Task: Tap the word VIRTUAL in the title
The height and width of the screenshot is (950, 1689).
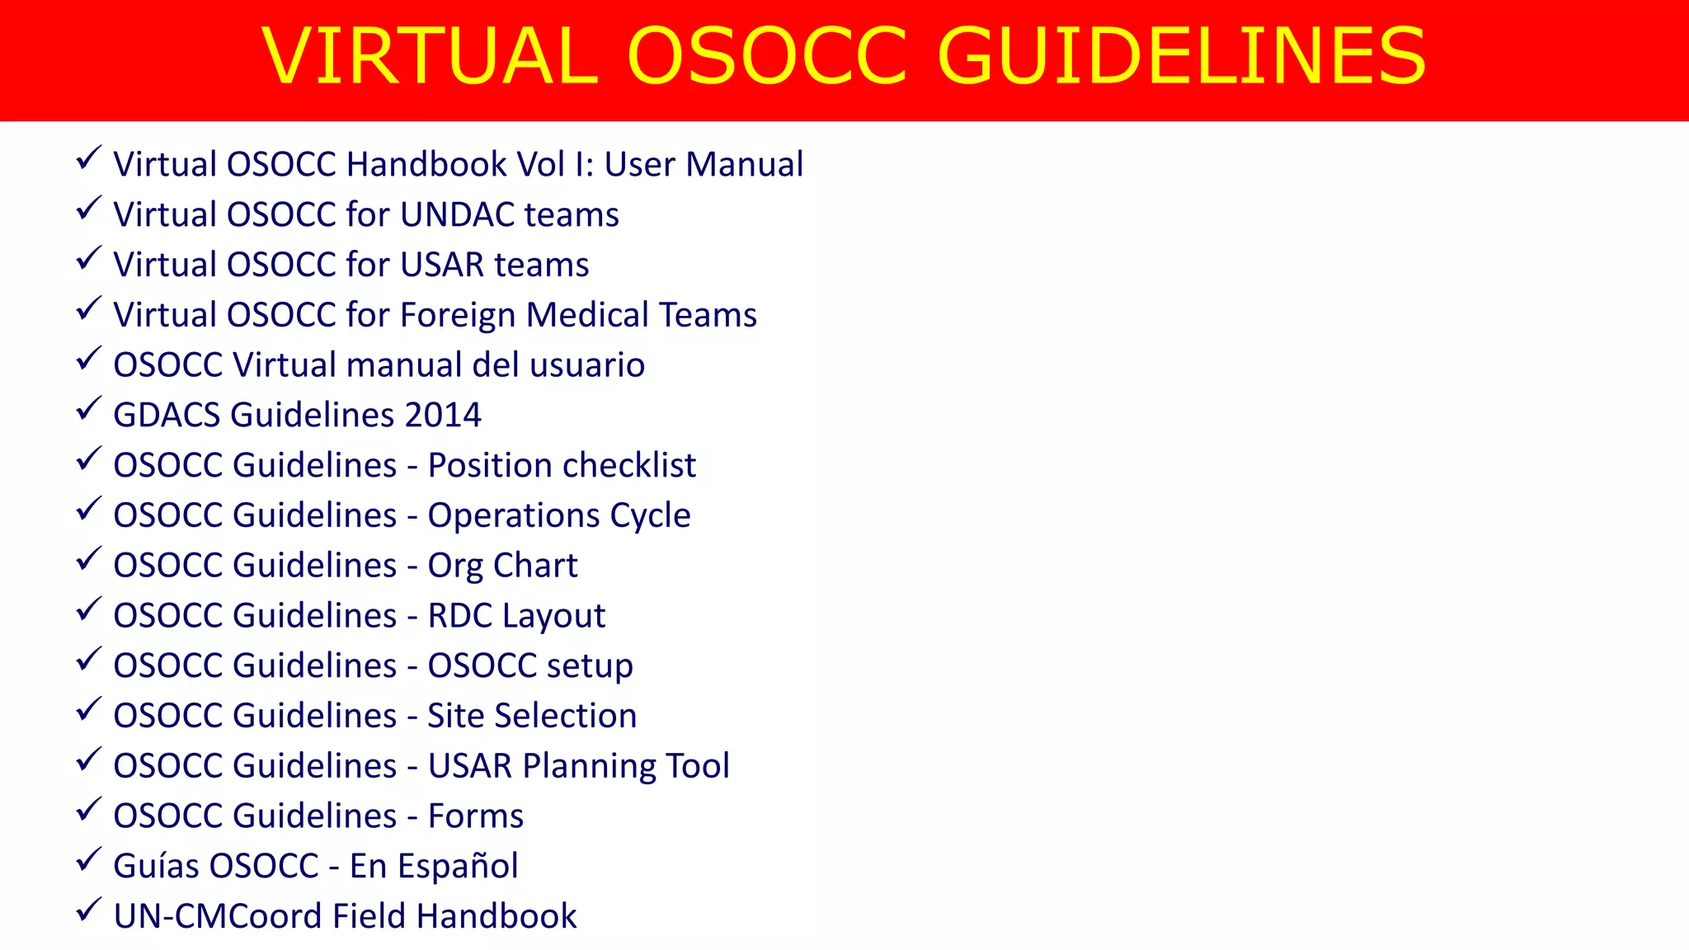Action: click(x=430, y=56)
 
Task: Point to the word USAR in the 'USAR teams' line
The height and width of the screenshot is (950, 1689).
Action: click(x=442, y=265)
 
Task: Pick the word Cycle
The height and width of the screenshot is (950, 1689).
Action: click(x=650, y=516)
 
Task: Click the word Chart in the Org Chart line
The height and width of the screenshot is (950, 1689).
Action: click(x=535, y=566)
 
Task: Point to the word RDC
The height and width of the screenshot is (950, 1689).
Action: click(x=459, y=616)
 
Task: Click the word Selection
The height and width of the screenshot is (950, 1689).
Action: click(x=565, y=716)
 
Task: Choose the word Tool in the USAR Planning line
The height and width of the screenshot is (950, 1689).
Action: click(x=698, y=766)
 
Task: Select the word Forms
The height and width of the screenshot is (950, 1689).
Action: click(x=475, y=816)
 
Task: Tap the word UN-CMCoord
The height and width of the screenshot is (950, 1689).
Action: click(x=218, y=916)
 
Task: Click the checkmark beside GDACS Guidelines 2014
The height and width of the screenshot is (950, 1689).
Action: click(x=88, y=408)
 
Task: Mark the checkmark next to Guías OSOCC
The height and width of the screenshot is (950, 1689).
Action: click(x=88, y=859)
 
